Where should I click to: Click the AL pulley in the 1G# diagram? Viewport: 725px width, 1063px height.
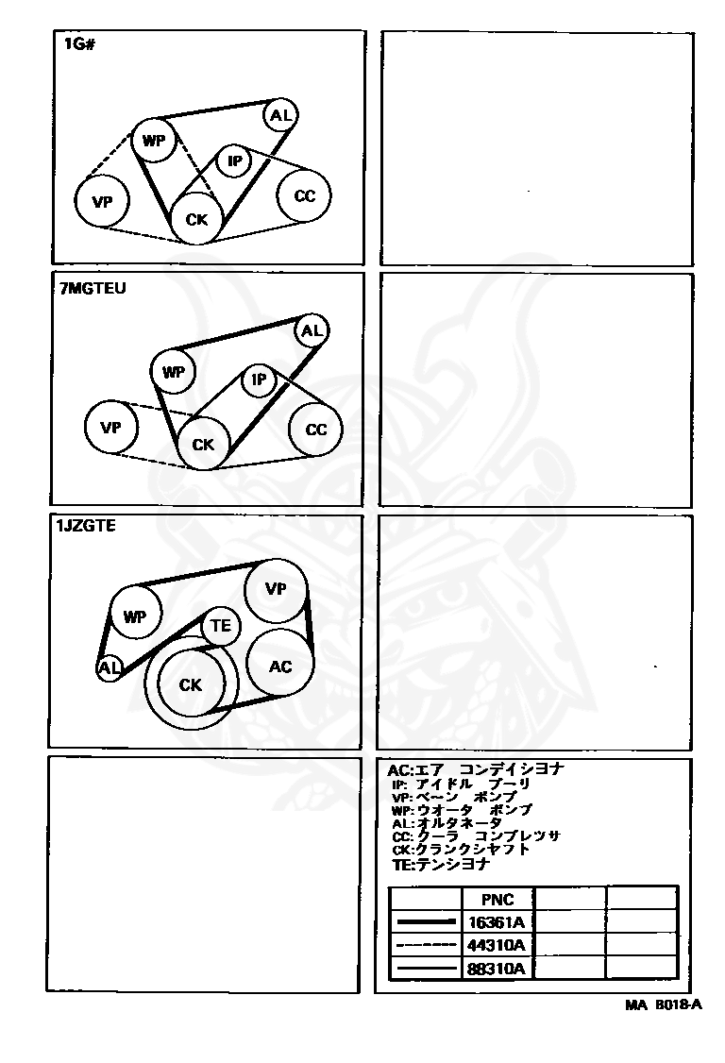pos(280,115)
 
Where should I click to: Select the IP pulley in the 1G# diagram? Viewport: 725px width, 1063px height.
pos(235,161)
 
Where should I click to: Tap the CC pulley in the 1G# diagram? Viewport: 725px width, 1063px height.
pos(305,195)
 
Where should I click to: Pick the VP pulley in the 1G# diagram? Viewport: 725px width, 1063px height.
pos(102,201)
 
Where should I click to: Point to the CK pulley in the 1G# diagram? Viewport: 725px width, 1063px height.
pos(196,218)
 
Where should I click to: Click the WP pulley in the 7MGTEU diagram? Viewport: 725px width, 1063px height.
pos(174,372)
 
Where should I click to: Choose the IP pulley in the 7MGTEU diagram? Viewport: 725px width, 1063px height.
pos(259,380)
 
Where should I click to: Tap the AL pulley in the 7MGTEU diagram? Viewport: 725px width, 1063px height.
pos(312,330)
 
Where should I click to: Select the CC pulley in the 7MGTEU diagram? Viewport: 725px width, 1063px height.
pos(315,430)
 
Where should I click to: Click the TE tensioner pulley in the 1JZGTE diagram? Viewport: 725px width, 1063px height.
pos(221,625)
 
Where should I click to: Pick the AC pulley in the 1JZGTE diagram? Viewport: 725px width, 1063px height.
pos(280,666)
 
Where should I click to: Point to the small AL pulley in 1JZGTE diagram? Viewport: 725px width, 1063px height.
pos(110,668)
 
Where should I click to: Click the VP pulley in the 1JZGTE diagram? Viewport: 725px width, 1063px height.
pos(276,589)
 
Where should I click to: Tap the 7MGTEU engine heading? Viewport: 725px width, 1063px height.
pos(93,288)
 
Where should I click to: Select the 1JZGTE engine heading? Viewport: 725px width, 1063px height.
pos(87,526)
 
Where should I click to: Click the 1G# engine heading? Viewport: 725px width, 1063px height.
pos(78,44)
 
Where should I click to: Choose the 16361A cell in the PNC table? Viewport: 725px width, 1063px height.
pos(497,922)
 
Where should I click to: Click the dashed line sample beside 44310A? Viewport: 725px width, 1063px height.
pos(426,944)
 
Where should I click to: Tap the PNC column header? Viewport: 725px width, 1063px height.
pos(497,899)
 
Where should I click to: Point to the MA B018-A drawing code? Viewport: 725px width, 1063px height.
pos(664,1005)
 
